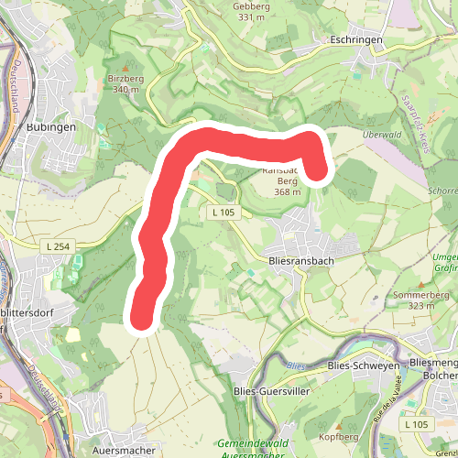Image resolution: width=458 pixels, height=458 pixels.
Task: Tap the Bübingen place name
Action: pos(51,127)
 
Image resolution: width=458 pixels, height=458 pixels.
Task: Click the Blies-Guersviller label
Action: pos(272,391)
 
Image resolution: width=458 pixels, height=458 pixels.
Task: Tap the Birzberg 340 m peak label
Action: pos(126,84)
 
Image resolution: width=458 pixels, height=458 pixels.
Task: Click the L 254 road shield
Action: pos(57,245)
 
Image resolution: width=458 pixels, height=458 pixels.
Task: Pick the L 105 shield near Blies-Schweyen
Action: pos(417,425)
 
